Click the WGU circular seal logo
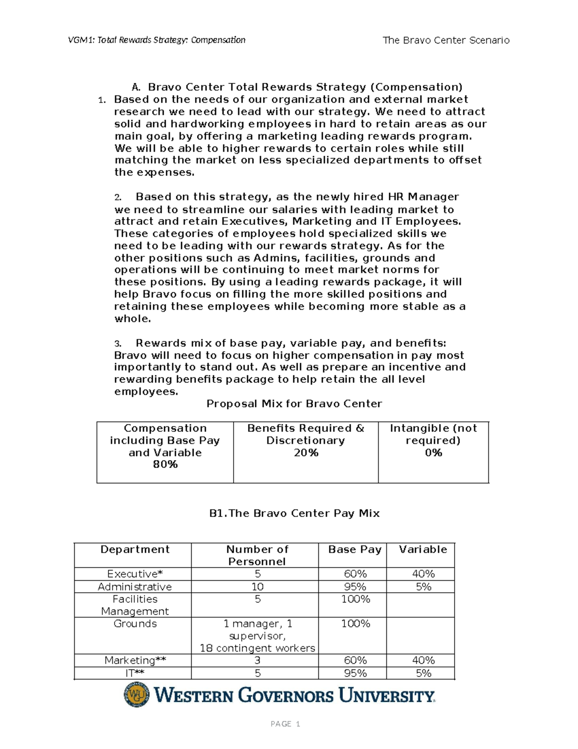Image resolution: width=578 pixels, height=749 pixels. click(137, 695)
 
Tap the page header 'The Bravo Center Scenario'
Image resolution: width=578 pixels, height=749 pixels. click(446, 41)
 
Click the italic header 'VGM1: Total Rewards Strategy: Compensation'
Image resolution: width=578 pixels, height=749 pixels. click(157, 40)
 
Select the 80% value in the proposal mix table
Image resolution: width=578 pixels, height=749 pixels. click(165, 464)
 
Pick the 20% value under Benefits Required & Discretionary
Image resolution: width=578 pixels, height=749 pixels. click(306, 452)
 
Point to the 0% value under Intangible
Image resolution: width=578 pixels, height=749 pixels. click(433, 452)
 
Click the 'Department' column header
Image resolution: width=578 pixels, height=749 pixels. click(135, 549)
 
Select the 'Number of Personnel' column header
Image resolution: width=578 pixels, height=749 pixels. click(257, 555)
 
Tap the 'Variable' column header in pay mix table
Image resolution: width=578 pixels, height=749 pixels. click(423, 549)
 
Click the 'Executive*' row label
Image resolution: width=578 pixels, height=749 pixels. click(135, 574)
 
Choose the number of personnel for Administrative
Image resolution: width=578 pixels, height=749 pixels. click(257, 586)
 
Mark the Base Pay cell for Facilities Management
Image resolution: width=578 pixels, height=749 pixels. click(355, 599)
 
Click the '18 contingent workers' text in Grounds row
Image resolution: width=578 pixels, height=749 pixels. click(257, 648)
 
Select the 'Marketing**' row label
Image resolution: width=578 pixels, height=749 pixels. click(135, 660)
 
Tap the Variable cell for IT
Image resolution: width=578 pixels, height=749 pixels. click(423, 673)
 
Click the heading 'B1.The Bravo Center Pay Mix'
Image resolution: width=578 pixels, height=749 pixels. click(294, 513)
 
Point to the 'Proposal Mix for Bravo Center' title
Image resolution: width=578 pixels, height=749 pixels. click(294, 404)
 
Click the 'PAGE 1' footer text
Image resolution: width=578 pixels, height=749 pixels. click(285, 724)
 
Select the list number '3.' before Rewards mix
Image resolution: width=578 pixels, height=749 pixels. click(118, 344)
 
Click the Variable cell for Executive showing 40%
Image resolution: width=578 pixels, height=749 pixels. click(423, 574)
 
